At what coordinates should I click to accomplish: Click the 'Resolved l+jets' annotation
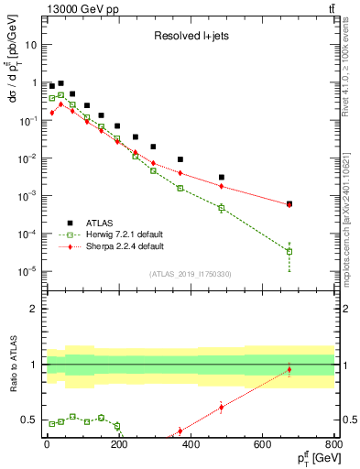pyautogui.click(x=188, y=38)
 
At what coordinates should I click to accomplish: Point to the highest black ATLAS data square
pyautogui.click(x=60, y=82)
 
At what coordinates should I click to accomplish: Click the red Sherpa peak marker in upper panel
pyautogui.click(x=60, y=104)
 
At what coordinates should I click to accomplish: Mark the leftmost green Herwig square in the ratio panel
pyautogui.click(x=51, y=423)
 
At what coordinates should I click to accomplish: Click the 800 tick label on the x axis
pyautogui.click(x=334, y=444)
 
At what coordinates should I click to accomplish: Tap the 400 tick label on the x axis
pyautogui.click(x=191, y=444)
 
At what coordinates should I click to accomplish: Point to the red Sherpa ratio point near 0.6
pyautogui.click(x=221, y=408)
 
